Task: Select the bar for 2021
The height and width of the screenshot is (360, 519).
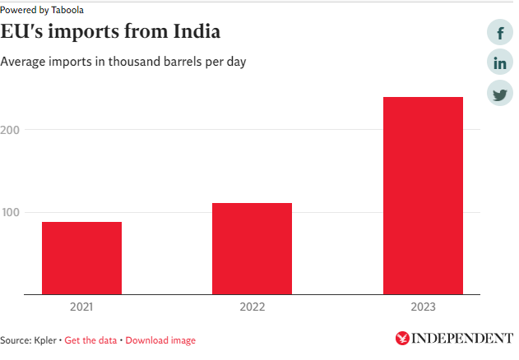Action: click(x=81, y=257)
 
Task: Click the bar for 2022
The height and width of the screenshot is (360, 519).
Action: click(x=252, y=248)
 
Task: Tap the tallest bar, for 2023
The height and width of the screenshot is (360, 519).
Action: click(x=423, y=195)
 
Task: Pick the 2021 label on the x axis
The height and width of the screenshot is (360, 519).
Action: click(x=81, y=307)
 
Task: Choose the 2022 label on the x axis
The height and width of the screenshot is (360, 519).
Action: click(x=252, y=307)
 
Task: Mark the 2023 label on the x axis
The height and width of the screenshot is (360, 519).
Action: click(x=423, y=307)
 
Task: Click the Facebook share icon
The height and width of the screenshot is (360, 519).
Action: click(x=500, y=33)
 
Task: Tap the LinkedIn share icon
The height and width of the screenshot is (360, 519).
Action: click(x=500, y=63)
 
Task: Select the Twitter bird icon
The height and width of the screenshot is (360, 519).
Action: click(x=500, y=94)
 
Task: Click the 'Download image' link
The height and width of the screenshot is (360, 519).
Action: click(x=160, y=340)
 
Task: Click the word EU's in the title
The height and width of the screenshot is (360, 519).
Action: click(x=25, y=33)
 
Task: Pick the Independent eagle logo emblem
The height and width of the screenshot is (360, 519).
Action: click(x=402, y=338)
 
